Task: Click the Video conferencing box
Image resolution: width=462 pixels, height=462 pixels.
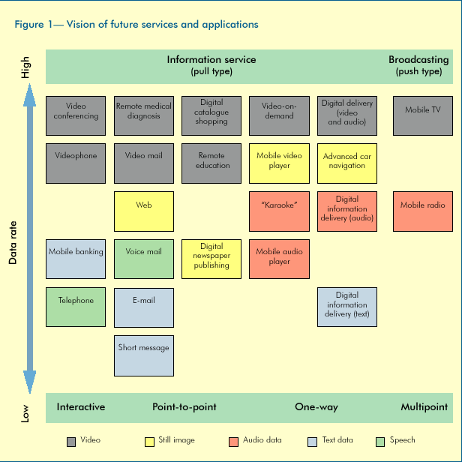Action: click(x=76, y=115)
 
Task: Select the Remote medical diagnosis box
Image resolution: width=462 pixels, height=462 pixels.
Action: click(x=144, y=115)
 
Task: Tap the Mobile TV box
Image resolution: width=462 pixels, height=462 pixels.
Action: click(x=423, y=115)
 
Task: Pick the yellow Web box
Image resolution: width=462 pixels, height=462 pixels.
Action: click(x=144, y=211)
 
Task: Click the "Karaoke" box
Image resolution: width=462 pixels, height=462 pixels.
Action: click(x=279, y=211)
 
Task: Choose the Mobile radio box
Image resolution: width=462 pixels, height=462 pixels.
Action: click(x=423, y=211)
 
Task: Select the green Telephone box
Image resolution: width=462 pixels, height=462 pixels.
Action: click(x=76, y=307)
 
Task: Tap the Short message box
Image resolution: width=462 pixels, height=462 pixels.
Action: click(x=144, y=355)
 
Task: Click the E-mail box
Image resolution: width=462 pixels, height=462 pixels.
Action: click(x=144, y=307)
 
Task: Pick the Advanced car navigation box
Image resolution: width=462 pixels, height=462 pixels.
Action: click(x=347, y=163)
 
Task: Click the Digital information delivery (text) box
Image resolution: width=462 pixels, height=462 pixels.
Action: click(x=347, y=307)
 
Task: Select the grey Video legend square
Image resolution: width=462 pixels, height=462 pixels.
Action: click(x=71, y=441)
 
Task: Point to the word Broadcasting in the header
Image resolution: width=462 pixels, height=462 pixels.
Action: click(x=418, y=59)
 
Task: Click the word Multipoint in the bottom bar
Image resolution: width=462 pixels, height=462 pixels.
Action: click(x=424, y=407)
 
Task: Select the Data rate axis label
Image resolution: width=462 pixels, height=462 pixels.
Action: click(x=13, y=235)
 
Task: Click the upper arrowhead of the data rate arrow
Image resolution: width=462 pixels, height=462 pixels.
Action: click(x=29, y=91)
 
